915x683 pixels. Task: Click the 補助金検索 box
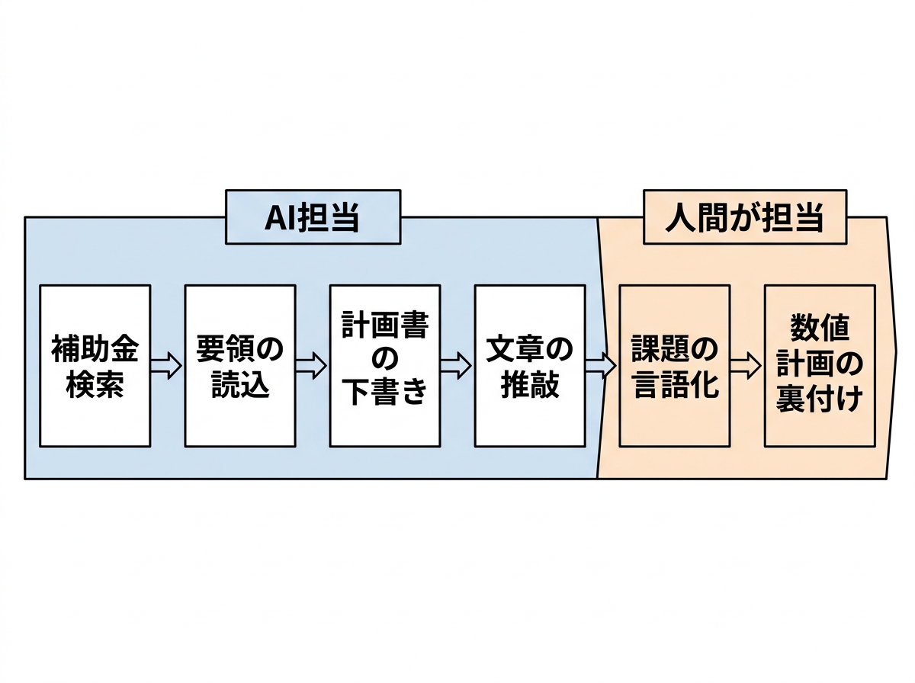click(95, 366)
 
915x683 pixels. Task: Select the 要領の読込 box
click(239, 366)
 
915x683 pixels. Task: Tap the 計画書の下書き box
click(384, 366)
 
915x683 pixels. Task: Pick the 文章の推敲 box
click(529, 366)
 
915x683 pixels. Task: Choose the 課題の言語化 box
click(674, 366)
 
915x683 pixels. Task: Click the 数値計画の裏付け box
click(820, 366)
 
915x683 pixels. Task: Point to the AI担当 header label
click(313, 219)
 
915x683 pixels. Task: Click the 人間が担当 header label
click(744, 219)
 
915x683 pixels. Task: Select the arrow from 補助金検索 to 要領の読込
click(166, 367)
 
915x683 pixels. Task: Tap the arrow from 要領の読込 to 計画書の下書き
click(311, 367)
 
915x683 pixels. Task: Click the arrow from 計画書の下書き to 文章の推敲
click(456, 367)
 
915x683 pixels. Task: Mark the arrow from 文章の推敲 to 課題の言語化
click(601, 367)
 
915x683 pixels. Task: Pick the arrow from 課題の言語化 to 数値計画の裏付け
click(746, 367)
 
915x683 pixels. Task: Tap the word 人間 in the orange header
click(692, 220)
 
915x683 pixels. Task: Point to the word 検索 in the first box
click(95, 385)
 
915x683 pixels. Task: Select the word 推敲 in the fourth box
click(529, 385)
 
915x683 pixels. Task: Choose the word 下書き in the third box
click(384, 393)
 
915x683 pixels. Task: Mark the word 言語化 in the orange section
click(674, 385)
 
